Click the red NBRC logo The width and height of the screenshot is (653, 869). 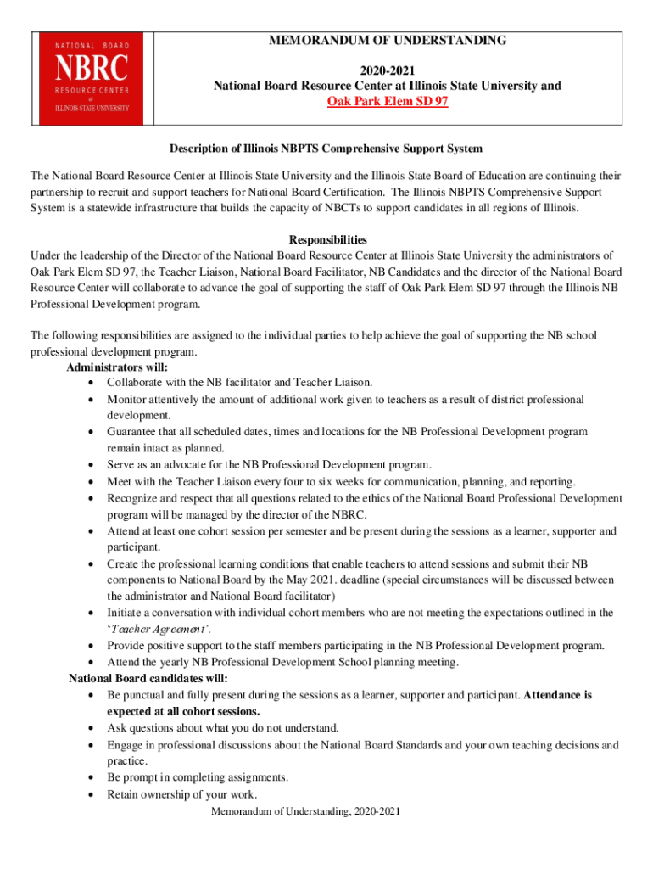tap(93, 76)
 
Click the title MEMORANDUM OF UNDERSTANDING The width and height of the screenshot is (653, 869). tap(388, 40)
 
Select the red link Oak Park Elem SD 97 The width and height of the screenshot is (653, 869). tap(388, 102)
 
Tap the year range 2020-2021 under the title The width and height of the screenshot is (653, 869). tap(388, 70)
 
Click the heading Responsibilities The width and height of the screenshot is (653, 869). tap(327, 240)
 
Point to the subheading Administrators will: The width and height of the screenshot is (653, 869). tap(116, 367)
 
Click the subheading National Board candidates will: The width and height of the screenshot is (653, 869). tap(148, 679)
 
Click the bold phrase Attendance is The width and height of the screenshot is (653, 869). tap(558, 695)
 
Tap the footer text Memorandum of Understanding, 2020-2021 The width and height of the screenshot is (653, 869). tap(305, 812)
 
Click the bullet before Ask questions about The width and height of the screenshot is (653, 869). tap(90, 728)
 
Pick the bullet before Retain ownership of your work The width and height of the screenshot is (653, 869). tap(90, 795)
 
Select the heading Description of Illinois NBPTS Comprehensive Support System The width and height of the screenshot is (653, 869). tap(326, 149)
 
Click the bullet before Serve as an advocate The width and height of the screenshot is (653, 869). tap(90, 465)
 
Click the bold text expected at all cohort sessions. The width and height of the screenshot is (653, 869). tap(183, 711)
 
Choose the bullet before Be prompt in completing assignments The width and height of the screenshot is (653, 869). tap(90, 778)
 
